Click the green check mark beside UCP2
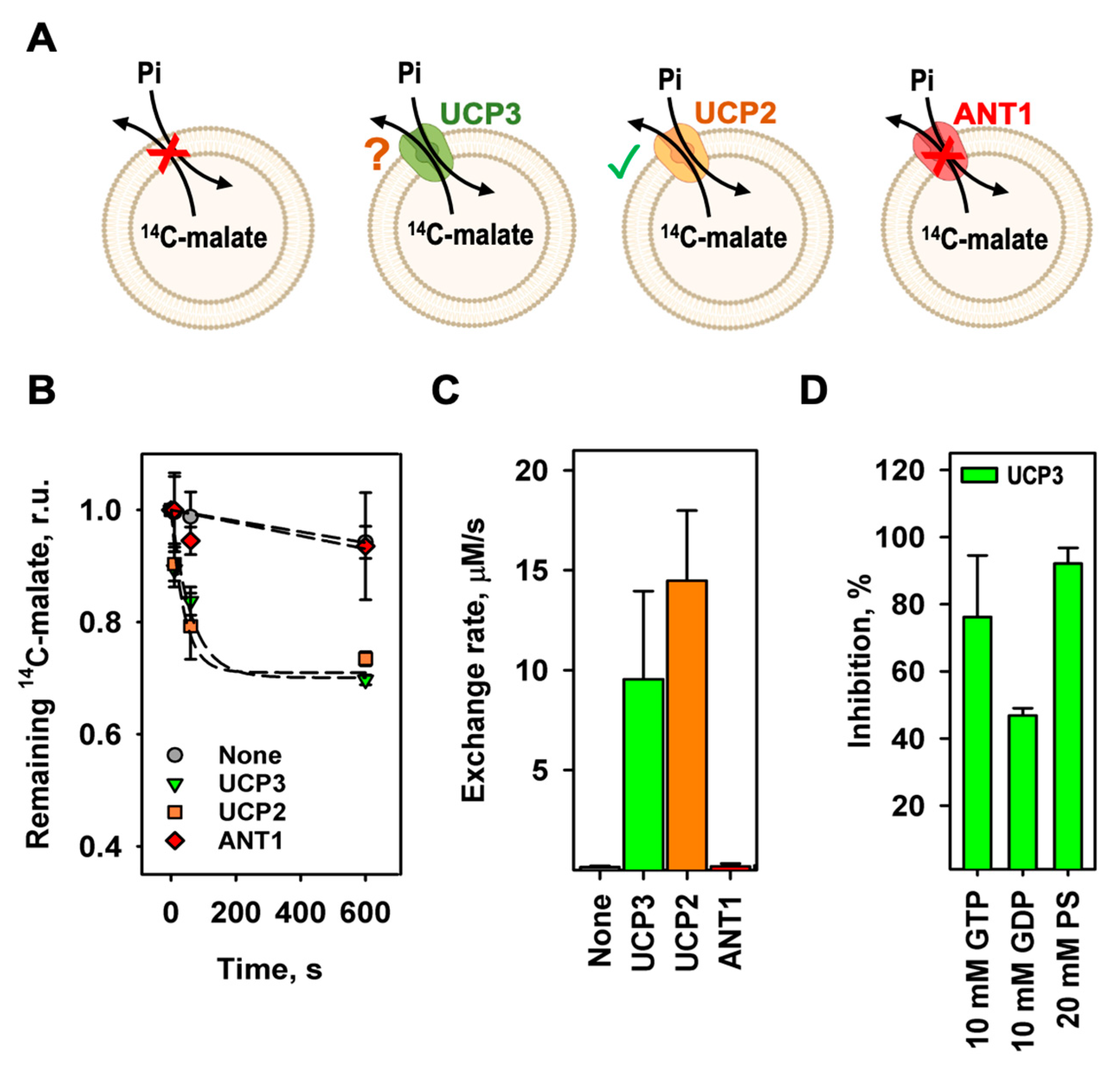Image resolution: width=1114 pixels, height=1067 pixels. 623,161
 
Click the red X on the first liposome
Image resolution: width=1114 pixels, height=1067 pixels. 168,152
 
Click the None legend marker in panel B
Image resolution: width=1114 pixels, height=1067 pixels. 174,755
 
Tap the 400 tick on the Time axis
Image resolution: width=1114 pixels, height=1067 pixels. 301,913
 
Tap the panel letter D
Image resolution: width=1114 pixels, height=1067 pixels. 813,391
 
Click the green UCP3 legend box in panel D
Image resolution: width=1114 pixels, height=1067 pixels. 979,475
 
